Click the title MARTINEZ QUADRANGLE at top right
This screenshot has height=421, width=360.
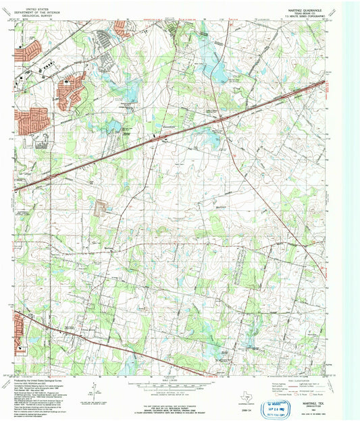305,5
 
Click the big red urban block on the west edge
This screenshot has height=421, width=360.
31,119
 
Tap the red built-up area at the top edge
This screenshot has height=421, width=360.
122,28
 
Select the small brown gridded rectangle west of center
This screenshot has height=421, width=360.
103,207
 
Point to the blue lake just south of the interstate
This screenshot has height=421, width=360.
215,138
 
